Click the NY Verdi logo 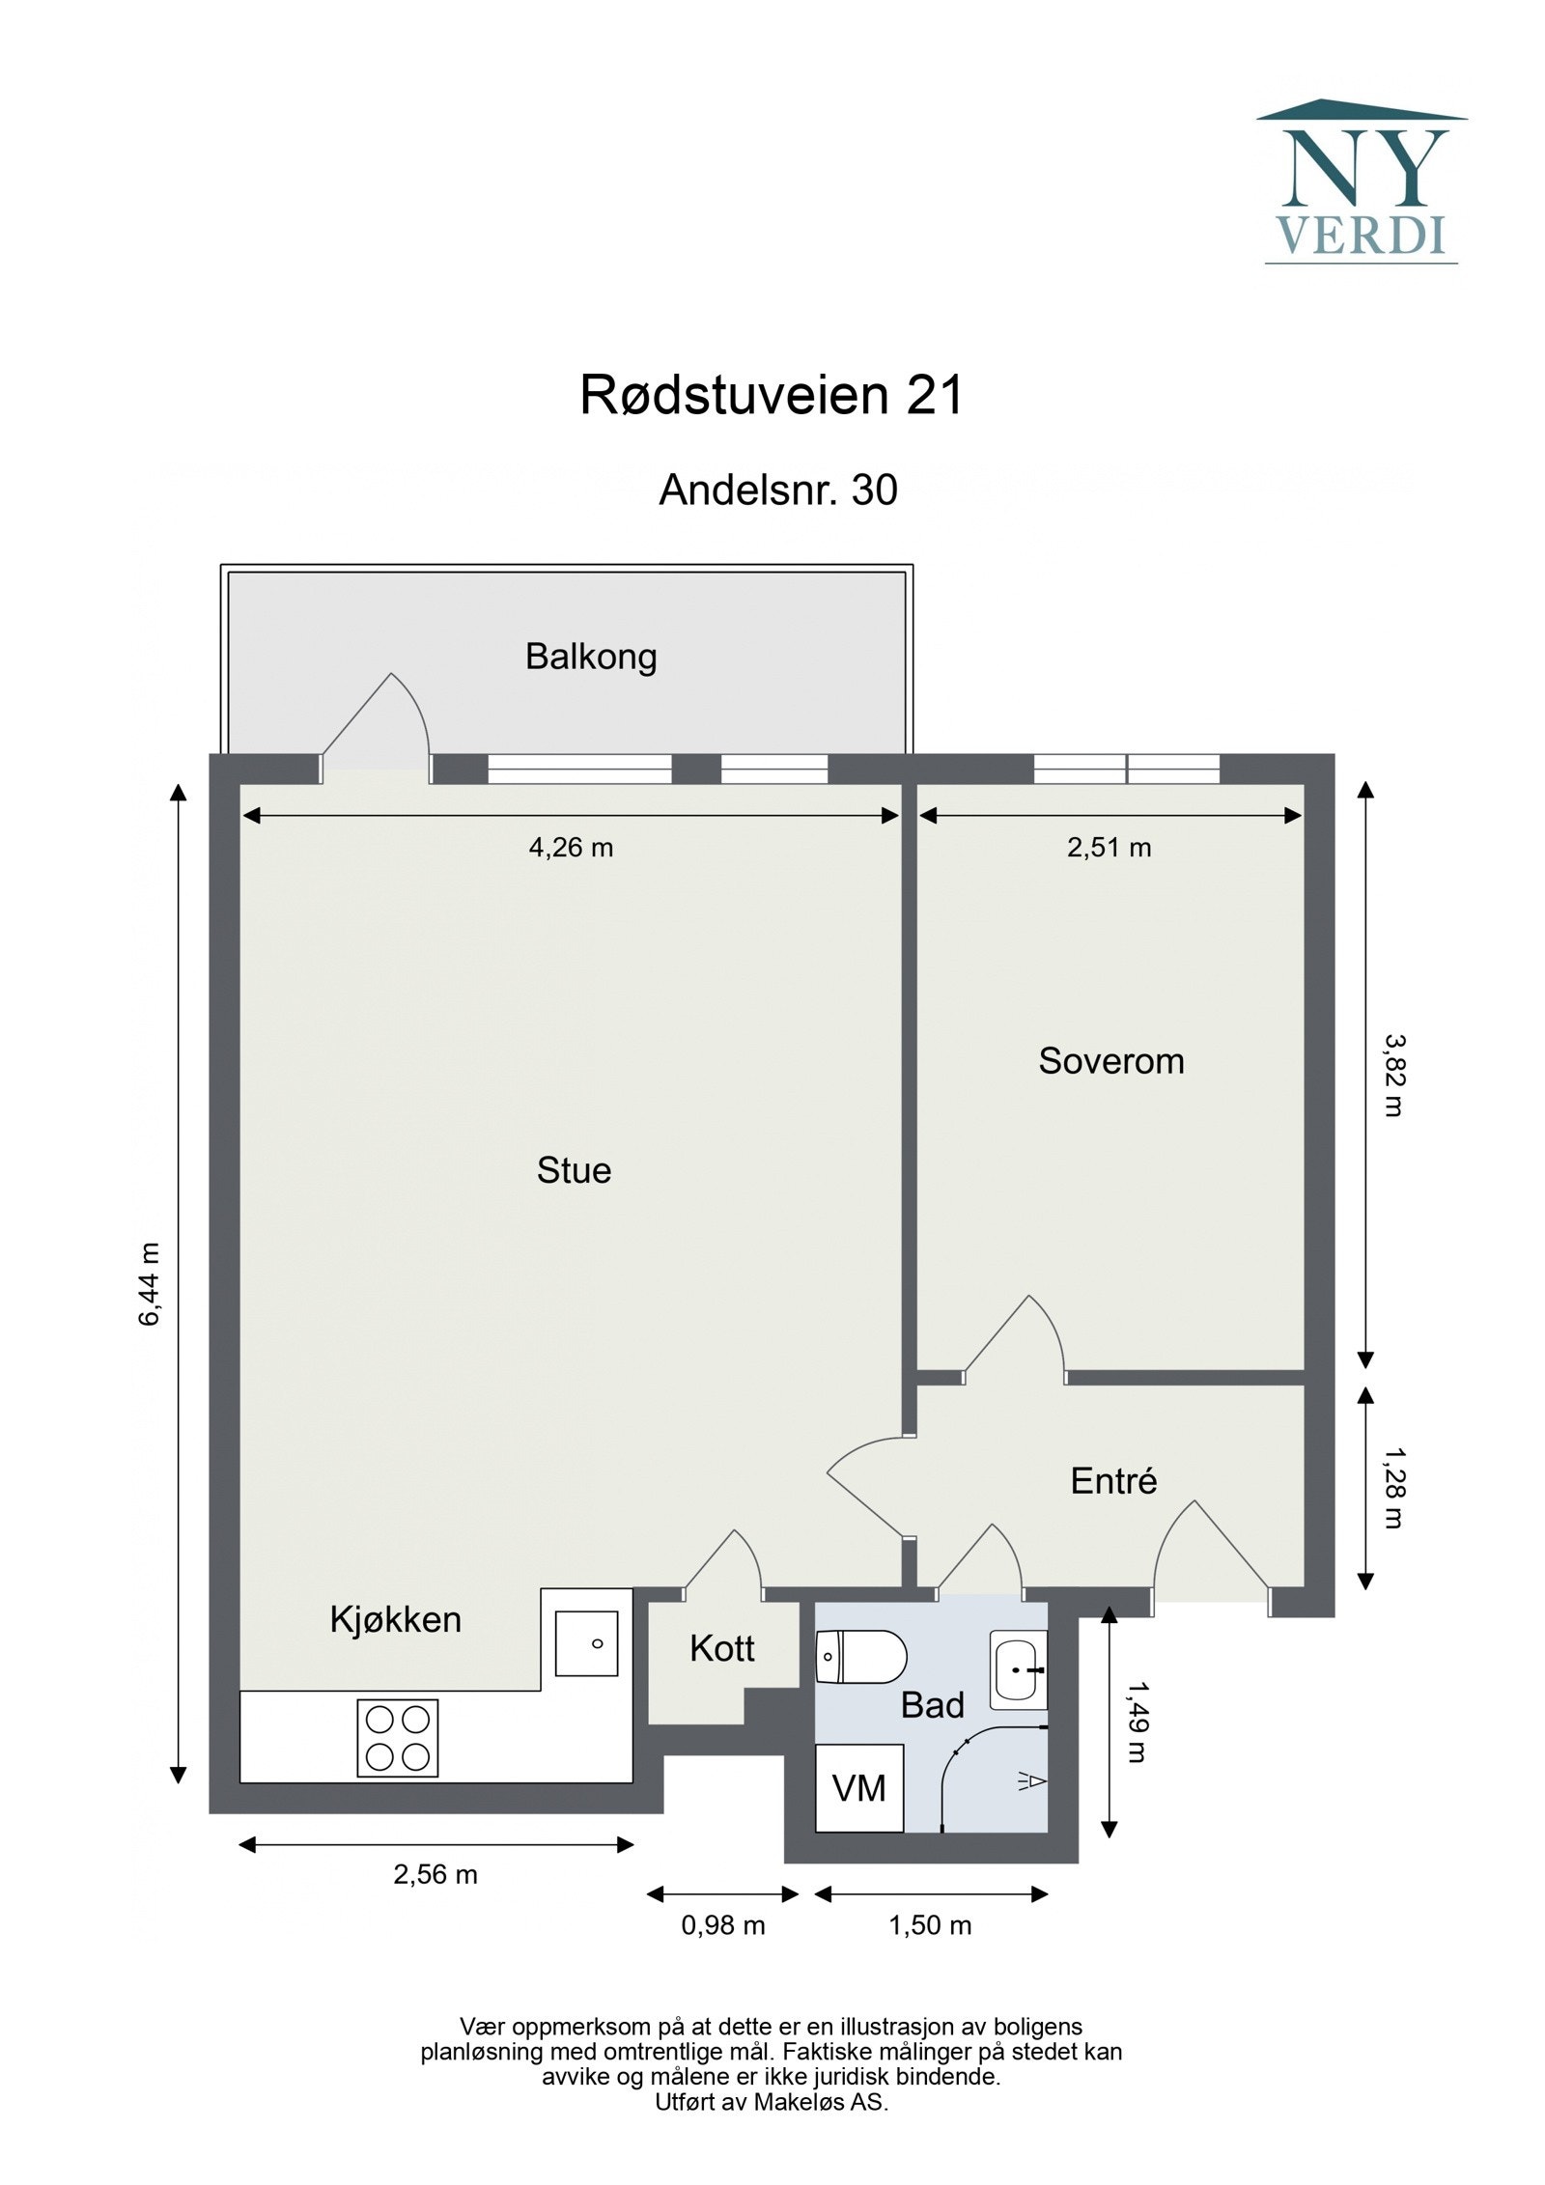point(1360,182)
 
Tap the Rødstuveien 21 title point(771,396)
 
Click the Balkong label point(590,657)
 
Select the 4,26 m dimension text point(571,848)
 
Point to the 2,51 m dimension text point(1109,848)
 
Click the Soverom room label point(1110,1061)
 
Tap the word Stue point(574,1170)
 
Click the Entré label point(1112,1480)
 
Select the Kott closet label point(721,1649)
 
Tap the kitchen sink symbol point(585,1642)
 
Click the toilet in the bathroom point(859,1657)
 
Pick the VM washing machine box point(858,1788)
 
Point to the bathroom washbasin point(1018,1668)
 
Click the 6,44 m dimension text point(150,1284)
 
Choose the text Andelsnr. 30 point(777,490)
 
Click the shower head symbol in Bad point(1030,1781)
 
